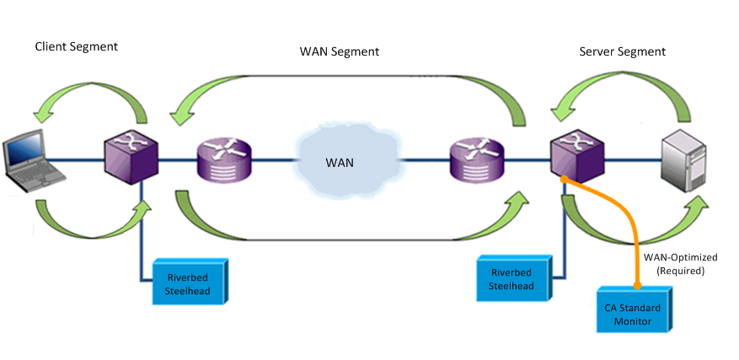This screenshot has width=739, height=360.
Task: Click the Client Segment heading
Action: (x=76, y=46)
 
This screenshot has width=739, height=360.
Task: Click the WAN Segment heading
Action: (x=340, y=51)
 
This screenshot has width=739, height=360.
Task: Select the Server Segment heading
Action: (x=622, y=51)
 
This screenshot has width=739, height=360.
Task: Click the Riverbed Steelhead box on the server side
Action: (x=511, y=279)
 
